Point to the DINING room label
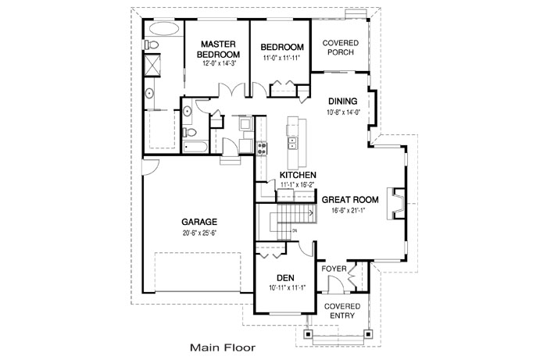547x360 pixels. click(342, 101)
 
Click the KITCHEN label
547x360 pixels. click(298, 174)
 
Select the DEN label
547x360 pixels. click(284, 278)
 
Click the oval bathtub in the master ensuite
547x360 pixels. click(163, 30)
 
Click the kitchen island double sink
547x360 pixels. click(293, 143)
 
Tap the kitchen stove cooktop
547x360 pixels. click(261, 146)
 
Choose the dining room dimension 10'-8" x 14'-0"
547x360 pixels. click(342, 112)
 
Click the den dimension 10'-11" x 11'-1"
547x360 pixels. click(284, 289)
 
